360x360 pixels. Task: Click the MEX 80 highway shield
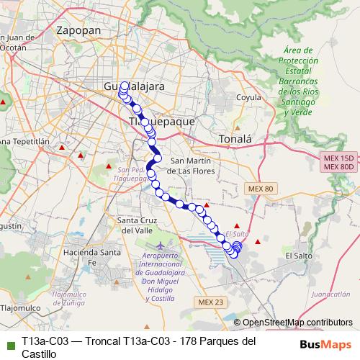click(260, 189)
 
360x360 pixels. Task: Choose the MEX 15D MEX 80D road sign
click(338, 162)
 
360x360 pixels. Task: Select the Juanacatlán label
click(331, 294)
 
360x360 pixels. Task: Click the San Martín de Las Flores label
click(192, 166)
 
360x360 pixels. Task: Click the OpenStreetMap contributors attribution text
click(297, 323)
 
